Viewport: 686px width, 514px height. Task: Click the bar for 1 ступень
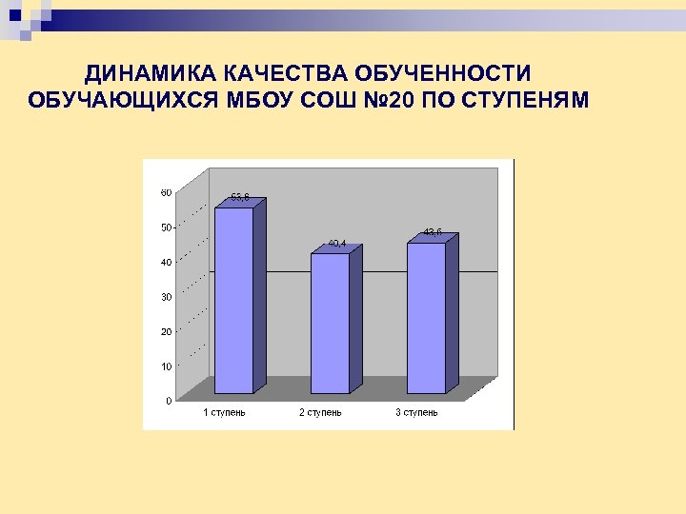(x=233, y=300)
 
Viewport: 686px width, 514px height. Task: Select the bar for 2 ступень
(x=330, y=323)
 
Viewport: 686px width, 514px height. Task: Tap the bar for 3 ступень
(x=426, y=318)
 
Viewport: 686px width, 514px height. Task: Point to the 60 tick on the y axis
(x=166, y=192)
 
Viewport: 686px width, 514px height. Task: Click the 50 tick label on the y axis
(x=166, y=227)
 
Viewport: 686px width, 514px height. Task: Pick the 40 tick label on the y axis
(x=166, y=262)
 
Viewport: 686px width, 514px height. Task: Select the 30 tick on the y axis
(x=166, y=297)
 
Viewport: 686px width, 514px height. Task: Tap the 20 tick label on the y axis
(x=166, y=331)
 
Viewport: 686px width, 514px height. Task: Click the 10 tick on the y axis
(x=166, y=366)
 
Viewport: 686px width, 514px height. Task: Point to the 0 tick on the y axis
(x=169, y=401)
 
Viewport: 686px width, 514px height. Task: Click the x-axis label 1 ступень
(x=224, y=412)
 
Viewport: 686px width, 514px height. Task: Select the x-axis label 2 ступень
(x=320, y=412)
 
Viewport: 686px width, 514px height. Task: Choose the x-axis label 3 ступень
(x=417, y=412)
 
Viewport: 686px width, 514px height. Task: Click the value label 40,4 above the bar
(x=337, y=244)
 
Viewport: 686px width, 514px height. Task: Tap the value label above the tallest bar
(x=240, y=198)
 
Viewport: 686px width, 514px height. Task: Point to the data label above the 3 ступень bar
(x=433, y=232)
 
